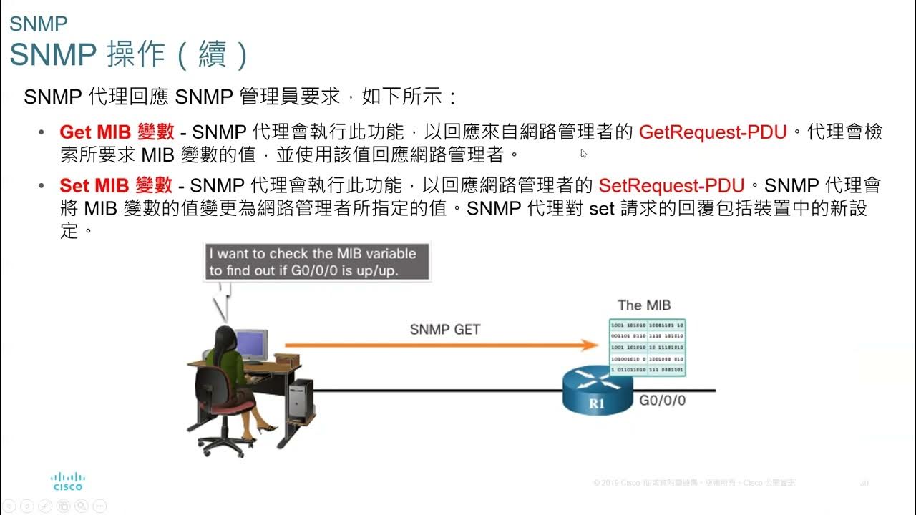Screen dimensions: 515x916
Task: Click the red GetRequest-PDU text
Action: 713,132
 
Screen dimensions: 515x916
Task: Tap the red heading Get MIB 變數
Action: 117,132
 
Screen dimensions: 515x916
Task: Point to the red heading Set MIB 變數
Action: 116,186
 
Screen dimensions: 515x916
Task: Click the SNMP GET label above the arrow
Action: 444,330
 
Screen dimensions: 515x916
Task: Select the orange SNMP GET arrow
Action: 441,345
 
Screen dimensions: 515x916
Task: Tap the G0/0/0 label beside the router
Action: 662,401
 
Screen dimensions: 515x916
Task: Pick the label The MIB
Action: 644,305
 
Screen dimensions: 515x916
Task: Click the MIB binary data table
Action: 647,348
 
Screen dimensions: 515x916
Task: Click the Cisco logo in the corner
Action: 68,481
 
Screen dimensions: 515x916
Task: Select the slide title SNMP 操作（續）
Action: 129,54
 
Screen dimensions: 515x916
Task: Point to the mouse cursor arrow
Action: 584,152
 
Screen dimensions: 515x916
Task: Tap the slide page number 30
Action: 864,484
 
